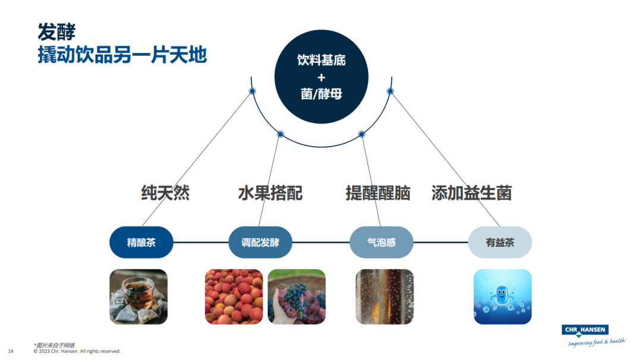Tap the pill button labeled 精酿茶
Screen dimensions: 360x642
(141, 242)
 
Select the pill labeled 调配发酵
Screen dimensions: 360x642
(260, 242)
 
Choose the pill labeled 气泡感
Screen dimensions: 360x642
(381, 242)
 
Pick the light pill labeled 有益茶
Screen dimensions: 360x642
(500, 242)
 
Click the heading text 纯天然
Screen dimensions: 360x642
(165, 193)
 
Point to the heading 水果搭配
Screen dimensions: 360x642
(270, 193)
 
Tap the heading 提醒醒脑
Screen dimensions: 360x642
(378, 193)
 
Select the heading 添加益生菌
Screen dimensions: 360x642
(471, 193)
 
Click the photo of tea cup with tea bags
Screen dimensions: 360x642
(139, 296)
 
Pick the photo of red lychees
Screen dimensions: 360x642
(234, 296)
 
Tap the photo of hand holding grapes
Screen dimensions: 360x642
(297, 296)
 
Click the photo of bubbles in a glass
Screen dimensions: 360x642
(384, 296)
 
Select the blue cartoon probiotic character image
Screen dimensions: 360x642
(502, 296)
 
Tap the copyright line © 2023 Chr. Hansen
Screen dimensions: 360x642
(77, 351)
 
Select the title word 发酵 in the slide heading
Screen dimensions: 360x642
(56, 31)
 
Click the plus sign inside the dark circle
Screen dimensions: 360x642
(321, 77)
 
